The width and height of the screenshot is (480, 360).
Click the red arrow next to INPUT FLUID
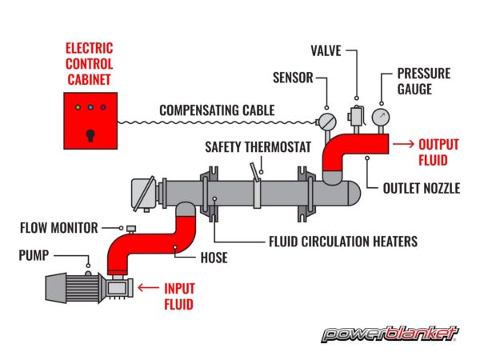click(x=149, y=286)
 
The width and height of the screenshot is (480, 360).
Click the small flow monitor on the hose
click(x=127, y=228)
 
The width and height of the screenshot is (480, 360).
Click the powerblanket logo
click(x=389, y=332)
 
